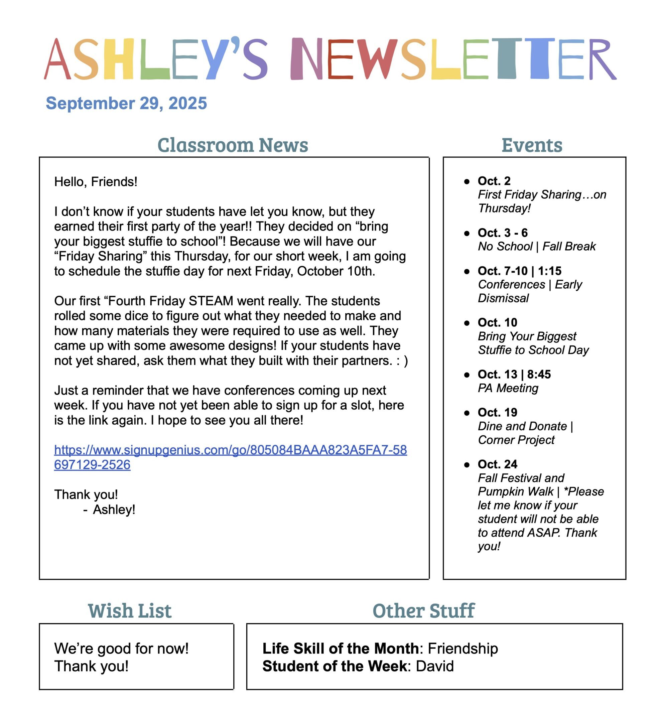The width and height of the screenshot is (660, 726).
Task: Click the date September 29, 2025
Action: pyautogui.click(x=126, y=103)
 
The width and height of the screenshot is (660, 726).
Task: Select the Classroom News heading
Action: pyautogui.click(x=233, y=145)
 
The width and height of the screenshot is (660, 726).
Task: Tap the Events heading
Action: pyautogui.click(x=532, y=145)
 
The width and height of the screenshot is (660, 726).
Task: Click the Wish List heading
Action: pyautogui.click(x=130, y=611)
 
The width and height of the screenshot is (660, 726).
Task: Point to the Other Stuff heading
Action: pyautogui.click(x=423, y=611)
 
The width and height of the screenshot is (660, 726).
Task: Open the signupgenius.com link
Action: pyautogui.click(x=231, y=450)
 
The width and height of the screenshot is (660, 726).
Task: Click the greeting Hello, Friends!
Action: pyautogui.click(x=96, y=182)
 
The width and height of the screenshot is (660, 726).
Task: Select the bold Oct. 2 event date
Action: pyautogui.click(x=494, y=181)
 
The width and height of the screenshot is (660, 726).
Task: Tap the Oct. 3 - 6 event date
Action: pyautogui.click(x=503, y=233)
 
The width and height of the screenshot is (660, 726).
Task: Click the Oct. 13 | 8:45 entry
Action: pyautogui.click(x=514, y=374)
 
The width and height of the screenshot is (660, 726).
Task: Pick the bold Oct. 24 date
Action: pyautogui.click(x=498, y=464)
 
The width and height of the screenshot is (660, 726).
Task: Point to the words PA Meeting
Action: pyautogui.click(x=508, y=388)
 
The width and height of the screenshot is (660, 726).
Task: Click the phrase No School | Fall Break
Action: pyautogui.click(x=536, y=246)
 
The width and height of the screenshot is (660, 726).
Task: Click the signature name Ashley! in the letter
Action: pyautogui.click(x=114, y=510)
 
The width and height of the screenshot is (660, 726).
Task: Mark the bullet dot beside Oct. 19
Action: pyautogui.click(x=467, y=413)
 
